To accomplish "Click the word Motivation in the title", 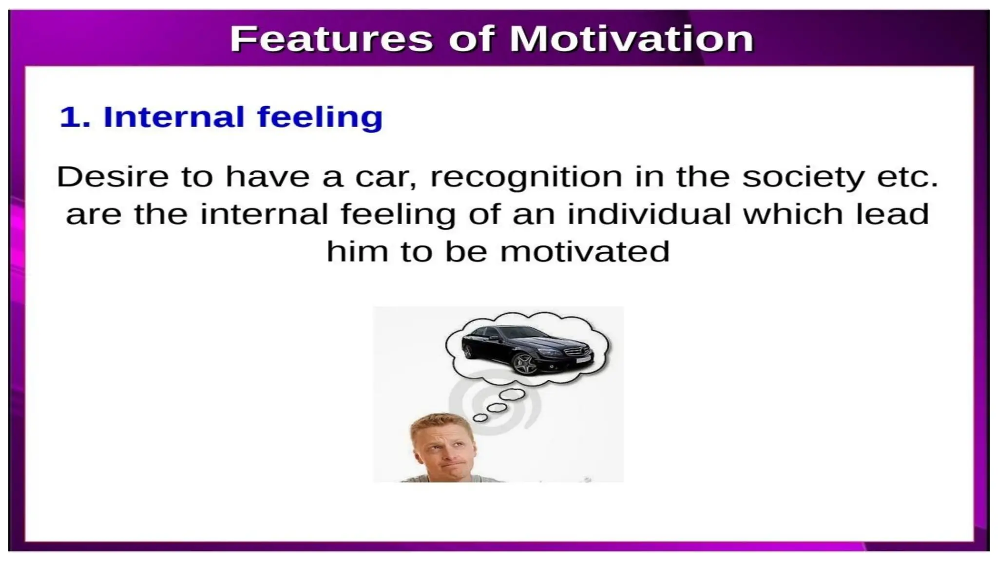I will (632, 39).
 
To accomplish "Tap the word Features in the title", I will (331, 39).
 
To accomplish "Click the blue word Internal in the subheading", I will (173, 117).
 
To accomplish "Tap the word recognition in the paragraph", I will (526, 177).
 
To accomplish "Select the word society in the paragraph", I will (803, 177).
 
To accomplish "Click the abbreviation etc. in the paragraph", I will (907, 177).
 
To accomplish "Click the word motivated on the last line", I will (585, 252).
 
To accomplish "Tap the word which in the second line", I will (793, 214).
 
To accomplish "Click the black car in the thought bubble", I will (526, 348).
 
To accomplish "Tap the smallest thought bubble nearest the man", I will (480, 417).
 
